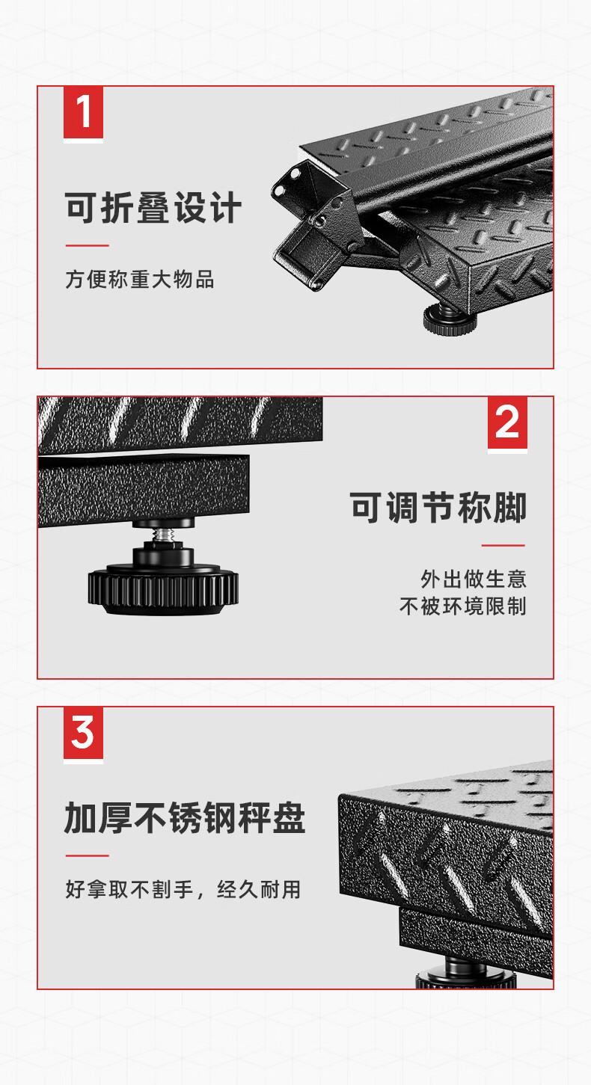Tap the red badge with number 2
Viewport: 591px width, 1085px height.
click(507, 423)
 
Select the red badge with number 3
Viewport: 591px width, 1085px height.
click(83, 733)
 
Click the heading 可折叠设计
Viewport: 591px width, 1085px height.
click(153, 208)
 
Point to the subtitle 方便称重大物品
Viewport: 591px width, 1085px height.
click(139, 280)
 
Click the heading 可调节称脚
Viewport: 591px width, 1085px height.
click(438, 508)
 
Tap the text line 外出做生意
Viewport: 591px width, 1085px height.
click(474, 579)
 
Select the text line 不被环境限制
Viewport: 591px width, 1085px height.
click(462, 606)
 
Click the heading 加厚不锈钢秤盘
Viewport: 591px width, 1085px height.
click(185, 817)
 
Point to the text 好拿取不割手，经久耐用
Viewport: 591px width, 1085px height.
click(183, 889)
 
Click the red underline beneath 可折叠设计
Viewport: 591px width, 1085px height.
click(88, 245)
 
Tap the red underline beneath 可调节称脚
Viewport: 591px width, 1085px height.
click(503, 545)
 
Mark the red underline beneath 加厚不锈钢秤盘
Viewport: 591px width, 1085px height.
click(88, 856)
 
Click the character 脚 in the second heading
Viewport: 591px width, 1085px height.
click(510, 508)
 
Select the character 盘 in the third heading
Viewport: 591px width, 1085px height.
click(289, 817)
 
